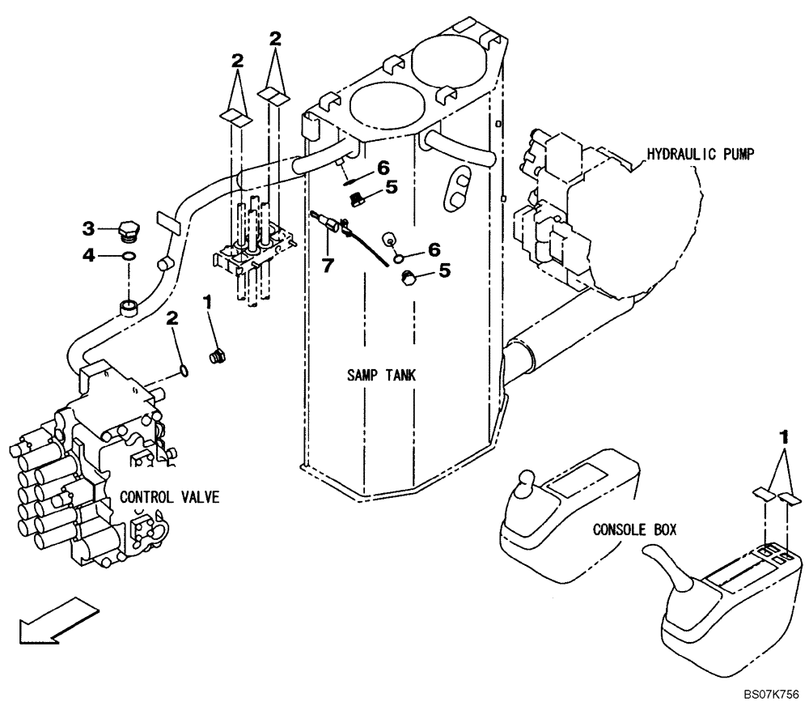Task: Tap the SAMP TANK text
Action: (378, 375)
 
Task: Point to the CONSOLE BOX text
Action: (635, 531)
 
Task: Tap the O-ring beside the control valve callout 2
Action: (185, 370)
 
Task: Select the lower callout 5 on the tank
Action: (444, 271)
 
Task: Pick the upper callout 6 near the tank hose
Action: (383, 167)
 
